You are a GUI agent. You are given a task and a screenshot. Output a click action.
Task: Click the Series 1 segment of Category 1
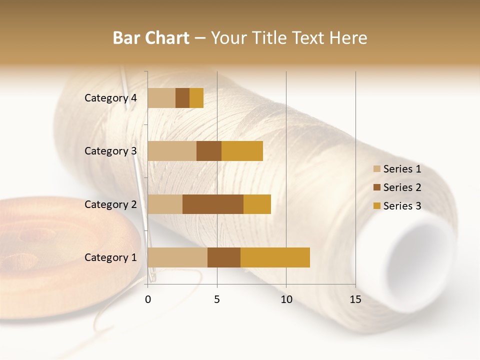(x=177, y=257)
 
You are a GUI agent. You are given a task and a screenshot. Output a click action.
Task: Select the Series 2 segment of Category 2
(x=213, y=204)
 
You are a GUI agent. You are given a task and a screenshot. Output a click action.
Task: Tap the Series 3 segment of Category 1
(x=275, y=257)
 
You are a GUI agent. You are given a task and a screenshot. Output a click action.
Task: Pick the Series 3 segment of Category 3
(x=242, y=151)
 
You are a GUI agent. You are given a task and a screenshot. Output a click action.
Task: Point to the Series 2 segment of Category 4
(x=182, y=98)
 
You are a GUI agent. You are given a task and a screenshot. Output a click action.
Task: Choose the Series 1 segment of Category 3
(x=172, y=151)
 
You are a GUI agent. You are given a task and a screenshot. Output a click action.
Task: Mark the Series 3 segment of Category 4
(x=196, y=98)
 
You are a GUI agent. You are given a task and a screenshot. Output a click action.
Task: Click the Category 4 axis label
(x=110, y=98)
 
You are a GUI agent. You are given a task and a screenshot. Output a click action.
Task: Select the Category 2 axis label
(x=110, y=204)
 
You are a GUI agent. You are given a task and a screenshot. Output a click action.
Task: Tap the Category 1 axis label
(x=110, y=257)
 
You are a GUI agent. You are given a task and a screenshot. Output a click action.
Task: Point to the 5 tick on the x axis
(x=217, y=299)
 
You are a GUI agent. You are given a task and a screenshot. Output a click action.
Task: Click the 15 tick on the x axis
(x=355, y=299)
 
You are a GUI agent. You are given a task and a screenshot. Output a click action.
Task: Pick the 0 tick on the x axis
(x=148, y=299)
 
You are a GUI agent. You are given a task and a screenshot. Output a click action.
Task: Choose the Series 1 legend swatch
(x=376, y=169)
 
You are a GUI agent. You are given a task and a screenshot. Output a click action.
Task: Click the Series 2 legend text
(x=402, y=187)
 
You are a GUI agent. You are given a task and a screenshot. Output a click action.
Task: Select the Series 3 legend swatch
(x=376, y=206)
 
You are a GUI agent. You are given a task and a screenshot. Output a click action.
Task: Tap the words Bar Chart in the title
(x=151, y=38)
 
